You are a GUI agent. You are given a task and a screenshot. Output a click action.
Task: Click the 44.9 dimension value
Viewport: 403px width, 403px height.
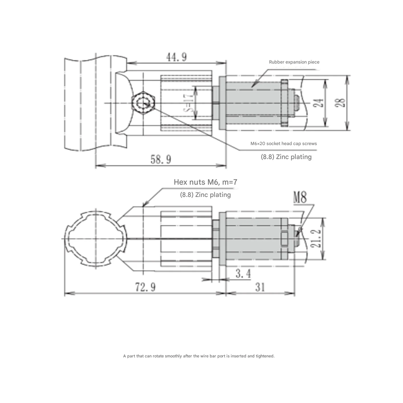coord(176,57)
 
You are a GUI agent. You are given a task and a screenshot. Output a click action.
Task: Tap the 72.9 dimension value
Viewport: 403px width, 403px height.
coord(145,287)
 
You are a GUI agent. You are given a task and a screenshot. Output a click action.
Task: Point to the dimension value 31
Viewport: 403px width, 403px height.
coord(260,287)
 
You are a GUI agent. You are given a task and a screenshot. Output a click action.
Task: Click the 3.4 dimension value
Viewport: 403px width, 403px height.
coord(243,274)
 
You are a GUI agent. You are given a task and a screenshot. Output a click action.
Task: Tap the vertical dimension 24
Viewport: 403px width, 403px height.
coord(319,103)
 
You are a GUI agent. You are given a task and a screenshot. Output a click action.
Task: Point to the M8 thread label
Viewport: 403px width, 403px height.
coord(300,197)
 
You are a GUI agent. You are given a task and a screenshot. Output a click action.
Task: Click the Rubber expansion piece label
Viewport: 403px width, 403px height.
coord(294,62)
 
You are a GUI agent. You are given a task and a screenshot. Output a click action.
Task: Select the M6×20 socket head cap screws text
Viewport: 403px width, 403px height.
coord(284,144)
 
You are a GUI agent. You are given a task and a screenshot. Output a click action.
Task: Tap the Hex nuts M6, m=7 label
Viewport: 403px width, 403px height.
coord(205,182)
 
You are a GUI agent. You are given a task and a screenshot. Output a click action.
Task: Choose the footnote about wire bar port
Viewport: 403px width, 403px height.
coord(199,356)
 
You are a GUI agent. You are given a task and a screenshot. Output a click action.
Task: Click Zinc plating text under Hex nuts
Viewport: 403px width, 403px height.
coord(205,195)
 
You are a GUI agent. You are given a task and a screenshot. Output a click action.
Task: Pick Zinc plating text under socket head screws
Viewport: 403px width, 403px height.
coord(286,157)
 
